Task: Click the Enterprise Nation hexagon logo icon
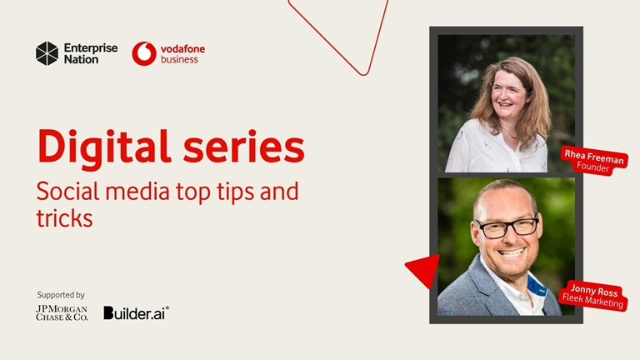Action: pos(47,53)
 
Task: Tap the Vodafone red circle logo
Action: pos(144,53)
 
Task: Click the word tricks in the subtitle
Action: pos(64,218)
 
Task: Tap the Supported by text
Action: pos(61,295)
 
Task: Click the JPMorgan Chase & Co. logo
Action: pos(62,313)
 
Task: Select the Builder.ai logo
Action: pos(136,313)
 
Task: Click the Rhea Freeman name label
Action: pos(594,156)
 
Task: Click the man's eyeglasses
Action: pos(506,227)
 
